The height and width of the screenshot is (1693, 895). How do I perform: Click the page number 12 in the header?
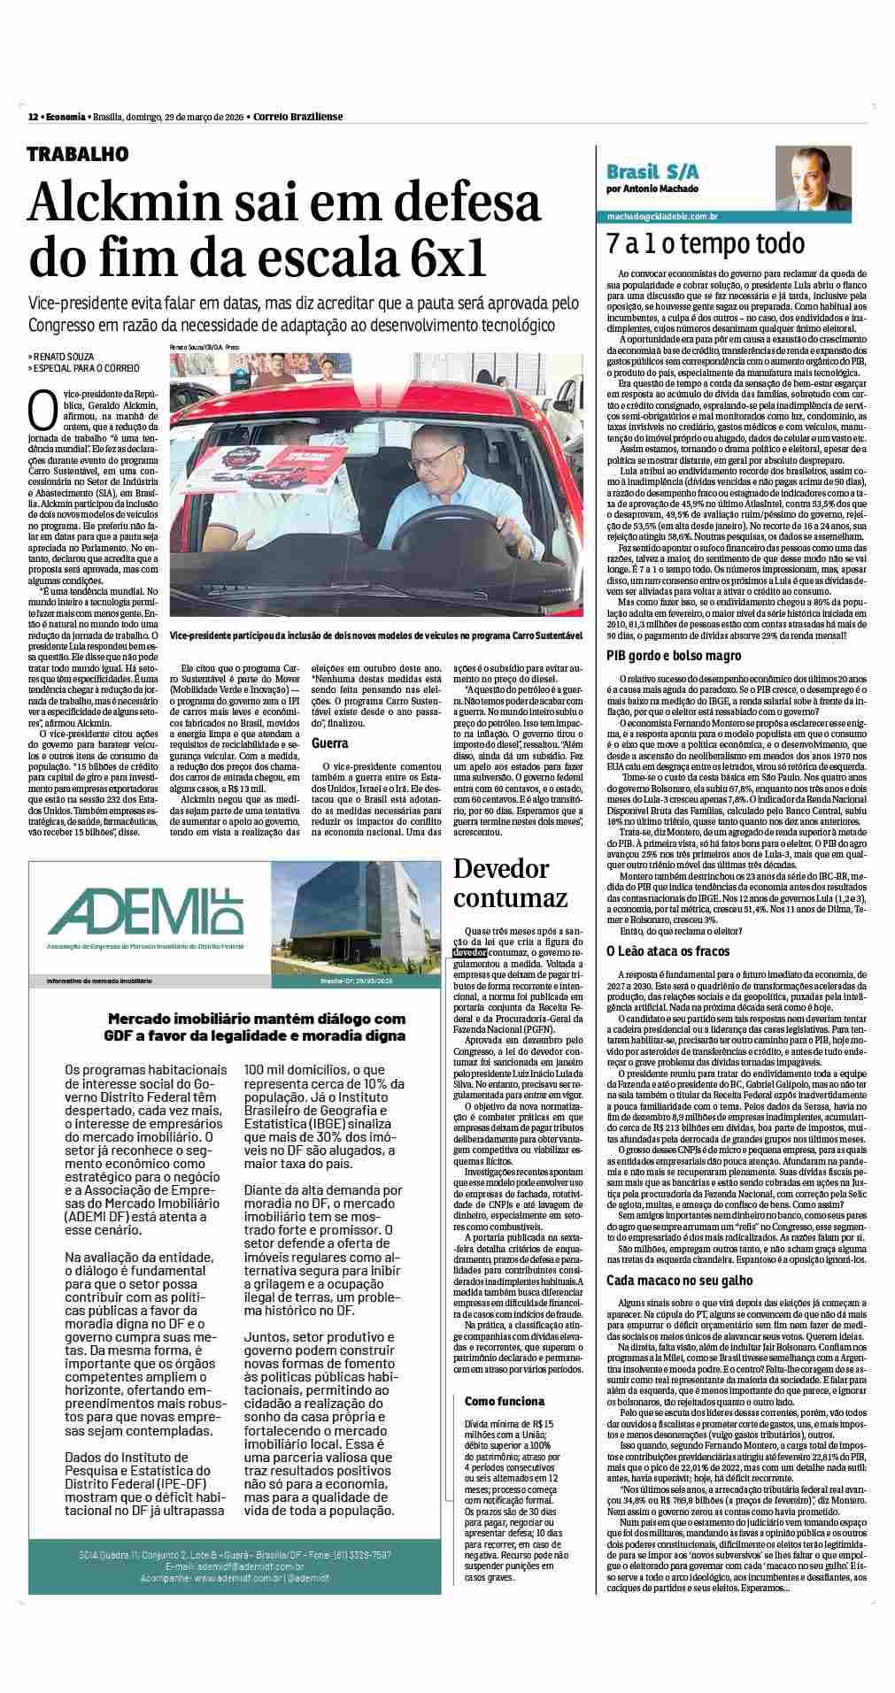pyautogui.click(x=33, y=117)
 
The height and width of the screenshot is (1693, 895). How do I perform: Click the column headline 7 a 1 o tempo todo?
pyautogui.click(x=706, y=244)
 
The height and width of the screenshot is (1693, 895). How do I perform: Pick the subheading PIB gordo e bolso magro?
pyautogui.click(x=674, y=656)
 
